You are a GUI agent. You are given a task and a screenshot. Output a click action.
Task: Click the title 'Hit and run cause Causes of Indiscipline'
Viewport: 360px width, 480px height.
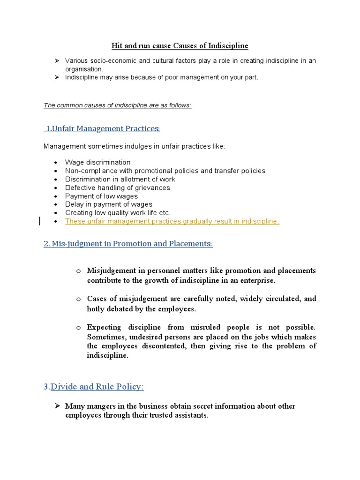click(x=180, y=46)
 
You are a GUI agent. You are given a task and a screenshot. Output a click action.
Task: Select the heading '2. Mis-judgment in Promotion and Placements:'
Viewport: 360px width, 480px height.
click(x=128, y=244)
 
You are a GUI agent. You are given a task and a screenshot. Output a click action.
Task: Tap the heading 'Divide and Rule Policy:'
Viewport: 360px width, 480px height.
click(x=97, y=387)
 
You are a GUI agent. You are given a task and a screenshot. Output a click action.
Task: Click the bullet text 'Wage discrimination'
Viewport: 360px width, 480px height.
click(x=97, y=162)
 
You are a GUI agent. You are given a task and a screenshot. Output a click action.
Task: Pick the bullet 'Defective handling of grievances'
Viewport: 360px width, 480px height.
click(x=117, y=187)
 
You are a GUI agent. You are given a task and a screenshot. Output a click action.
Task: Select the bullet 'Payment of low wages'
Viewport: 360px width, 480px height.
click(x=101, y=196)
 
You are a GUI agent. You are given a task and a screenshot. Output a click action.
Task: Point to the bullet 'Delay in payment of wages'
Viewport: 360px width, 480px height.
click(x=109, y=204)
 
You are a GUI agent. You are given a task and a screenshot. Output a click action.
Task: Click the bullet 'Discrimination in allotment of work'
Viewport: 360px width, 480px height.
click(x=120, y=179)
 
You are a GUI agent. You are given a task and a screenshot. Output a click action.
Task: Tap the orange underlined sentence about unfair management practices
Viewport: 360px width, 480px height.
click(x=172, y=221)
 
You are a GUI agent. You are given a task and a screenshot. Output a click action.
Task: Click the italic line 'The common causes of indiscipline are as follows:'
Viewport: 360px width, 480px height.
click(x=118, y=105)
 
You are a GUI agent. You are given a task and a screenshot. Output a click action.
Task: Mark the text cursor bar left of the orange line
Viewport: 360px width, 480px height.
click(x=39, y=221)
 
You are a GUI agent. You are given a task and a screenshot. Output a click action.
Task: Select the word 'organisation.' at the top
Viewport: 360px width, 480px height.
click(x=84, y=68)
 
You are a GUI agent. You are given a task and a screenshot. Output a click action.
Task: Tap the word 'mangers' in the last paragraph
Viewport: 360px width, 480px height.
click(x=99, y=406)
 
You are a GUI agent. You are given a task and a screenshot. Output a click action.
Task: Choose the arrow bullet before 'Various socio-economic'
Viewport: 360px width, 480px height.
click(x=56, y=60)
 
